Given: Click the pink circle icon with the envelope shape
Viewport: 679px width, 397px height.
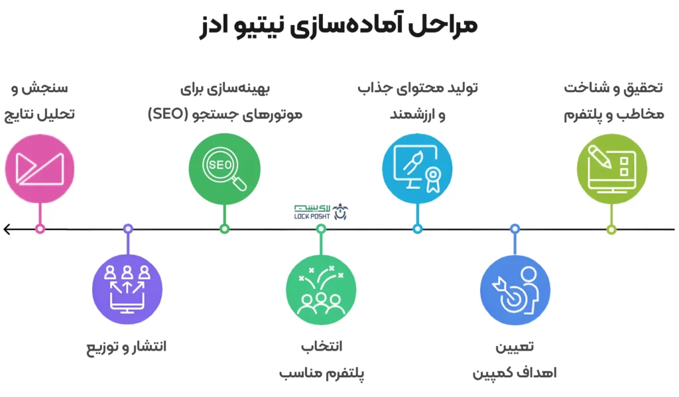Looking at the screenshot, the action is pos(40,168).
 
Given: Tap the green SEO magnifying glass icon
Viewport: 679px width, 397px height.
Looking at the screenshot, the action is pos(224,169).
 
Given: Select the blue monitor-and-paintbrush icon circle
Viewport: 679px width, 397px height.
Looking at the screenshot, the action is pos(418,168).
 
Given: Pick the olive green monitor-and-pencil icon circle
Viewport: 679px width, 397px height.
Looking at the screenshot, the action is pos(612,168).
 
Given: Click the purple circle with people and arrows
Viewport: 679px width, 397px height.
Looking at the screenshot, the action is pos(127,289).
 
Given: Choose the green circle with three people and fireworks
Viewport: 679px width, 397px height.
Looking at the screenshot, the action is pos(321,289).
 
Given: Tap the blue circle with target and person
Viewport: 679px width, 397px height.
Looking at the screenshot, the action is pos(515,290).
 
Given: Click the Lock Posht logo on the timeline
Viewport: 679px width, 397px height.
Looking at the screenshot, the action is pos(321,211).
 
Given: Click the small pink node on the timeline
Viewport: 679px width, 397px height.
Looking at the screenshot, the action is pos(40,229).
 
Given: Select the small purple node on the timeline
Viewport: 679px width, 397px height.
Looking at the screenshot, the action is pos(128,229).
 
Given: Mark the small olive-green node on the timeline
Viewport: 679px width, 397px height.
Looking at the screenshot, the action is pos(611,229).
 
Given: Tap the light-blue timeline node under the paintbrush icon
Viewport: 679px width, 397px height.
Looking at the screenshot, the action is pos(418,229).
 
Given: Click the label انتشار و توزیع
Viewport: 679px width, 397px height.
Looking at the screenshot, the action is pos(127,347).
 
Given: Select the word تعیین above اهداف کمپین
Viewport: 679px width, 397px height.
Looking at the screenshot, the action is pos(515,347).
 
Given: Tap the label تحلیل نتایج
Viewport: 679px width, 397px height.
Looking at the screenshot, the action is pos(39,115).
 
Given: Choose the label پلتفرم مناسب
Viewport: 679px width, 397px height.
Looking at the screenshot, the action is pos(322,372).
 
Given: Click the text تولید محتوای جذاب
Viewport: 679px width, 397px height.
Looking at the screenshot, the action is pos(418,88).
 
